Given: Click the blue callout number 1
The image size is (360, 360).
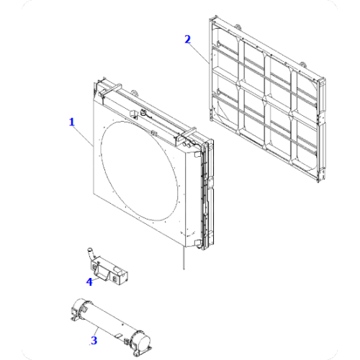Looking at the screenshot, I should click(72, 122).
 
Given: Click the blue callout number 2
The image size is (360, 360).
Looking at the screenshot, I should click(188, 39).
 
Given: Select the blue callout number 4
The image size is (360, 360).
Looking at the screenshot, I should click(89, 282).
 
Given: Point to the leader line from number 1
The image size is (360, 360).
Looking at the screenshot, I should click(83, 135).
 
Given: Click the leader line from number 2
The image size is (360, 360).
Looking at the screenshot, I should click(199, 53).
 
